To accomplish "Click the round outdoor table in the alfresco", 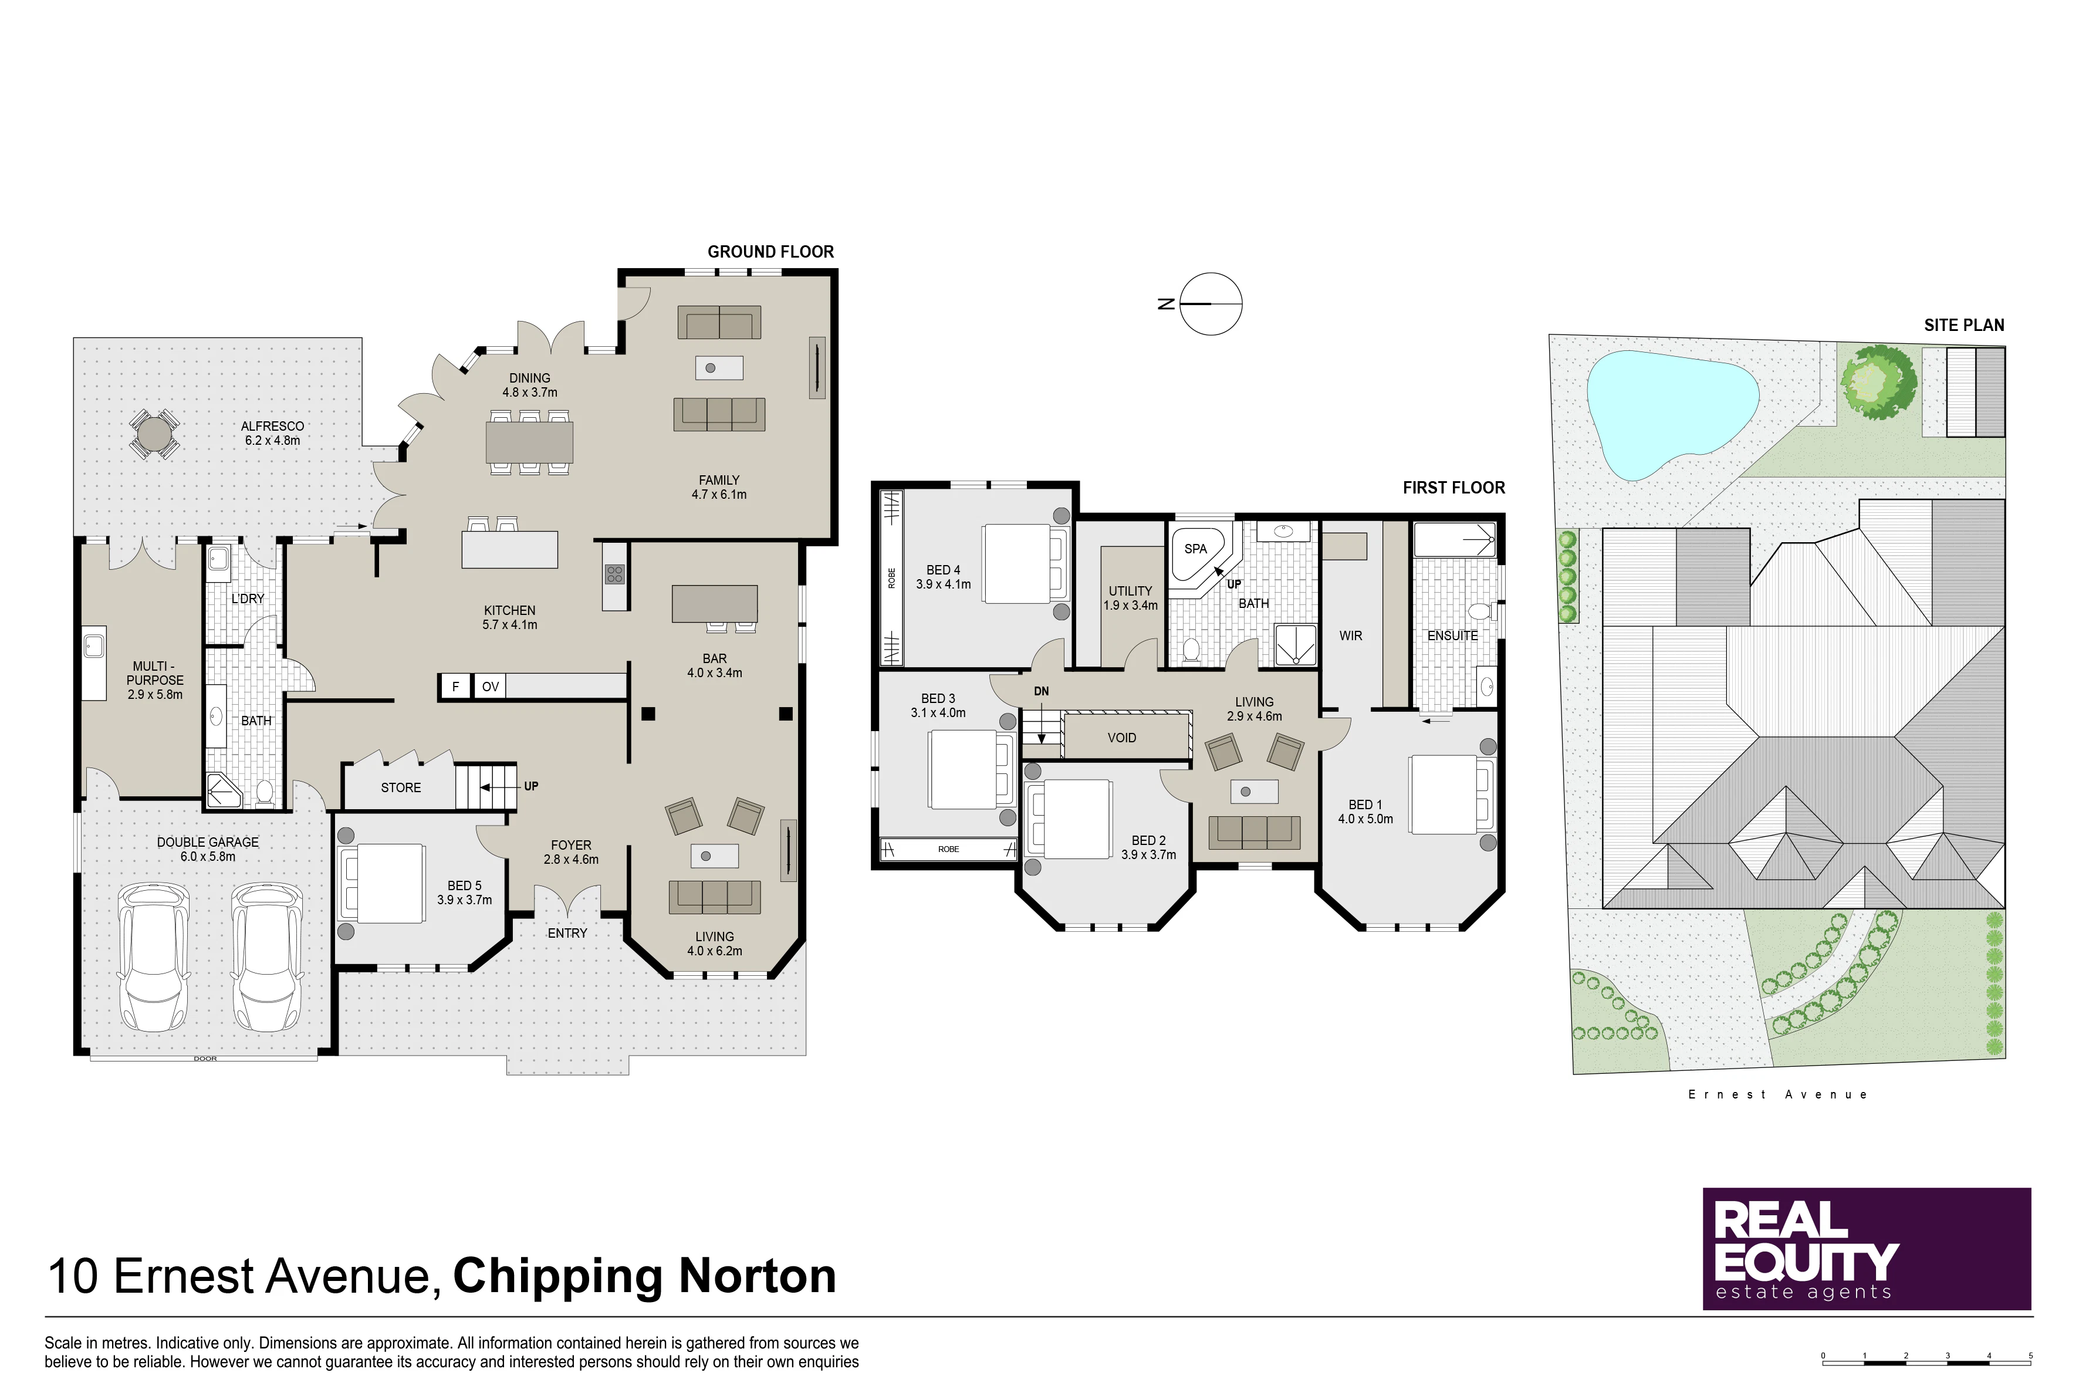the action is tap(154, 434).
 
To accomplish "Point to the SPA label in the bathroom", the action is tap(1195, 549).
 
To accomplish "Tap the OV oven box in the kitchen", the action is tap(490, 687).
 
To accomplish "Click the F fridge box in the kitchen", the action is tap(455, 687).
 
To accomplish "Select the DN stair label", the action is tap(1042, 691).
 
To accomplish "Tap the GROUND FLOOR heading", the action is tap(771, 252).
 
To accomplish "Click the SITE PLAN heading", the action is tap(1964, 325).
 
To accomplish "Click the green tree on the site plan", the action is tap(1878, 382).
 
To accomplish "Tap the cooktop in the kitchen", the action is tap(614, 574).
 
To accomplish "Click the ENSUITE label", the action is tap(1452, 635).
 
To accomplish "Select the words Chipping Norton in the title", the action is tap(644, 1276).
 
